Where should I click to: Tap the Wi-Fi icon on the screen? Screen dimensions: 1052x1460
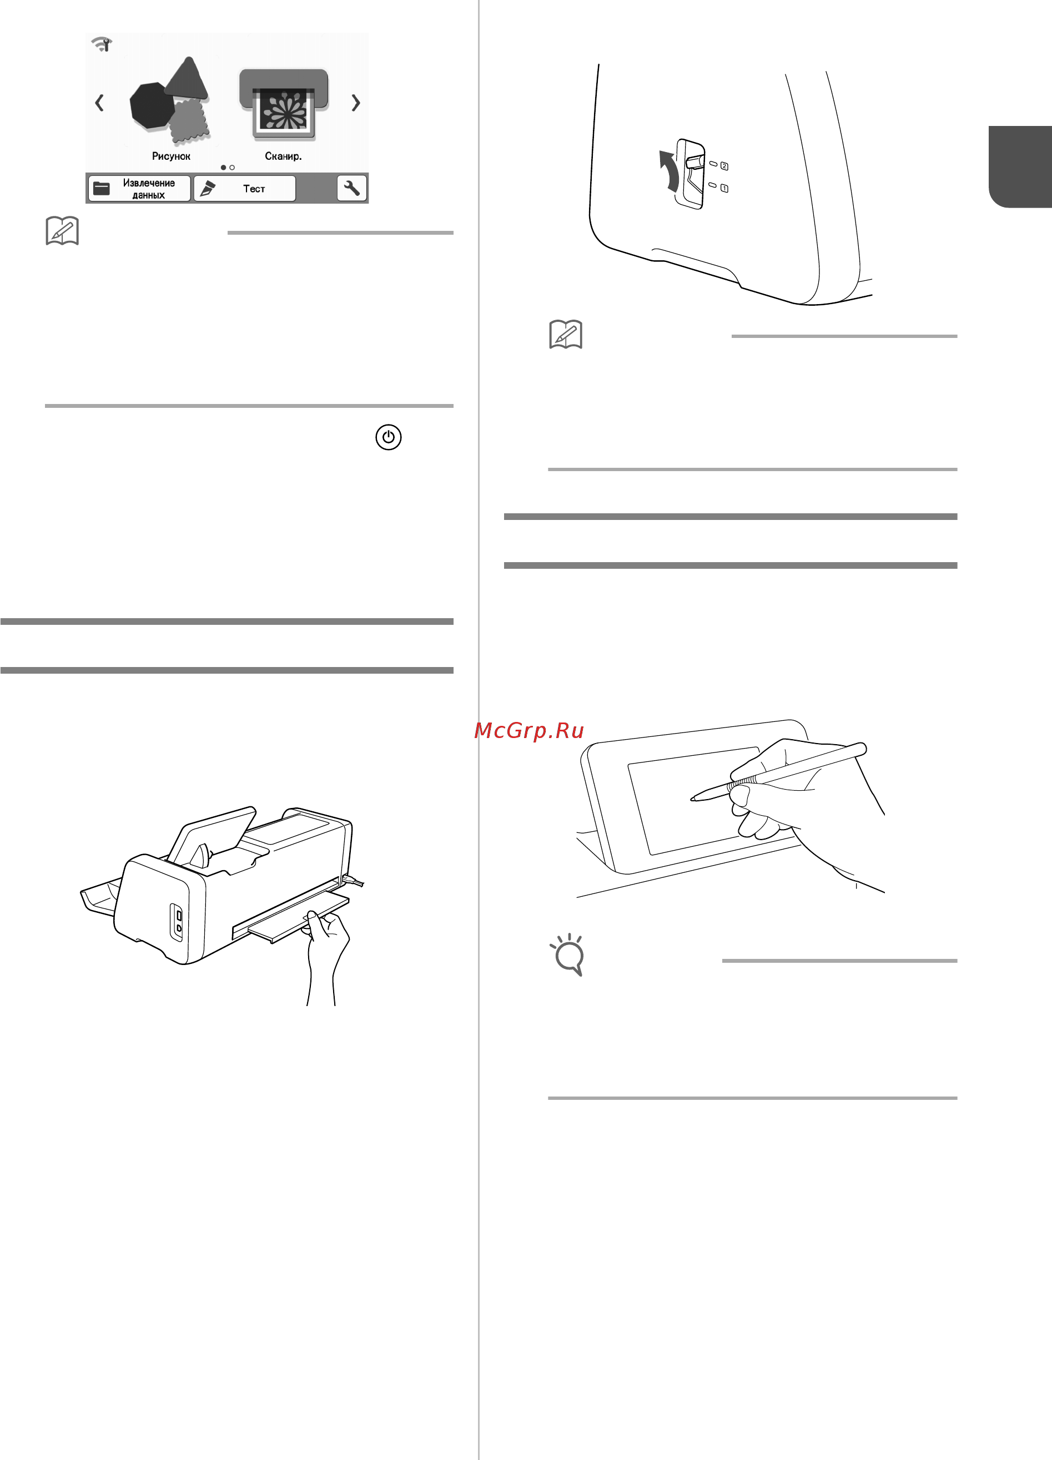point(102,44)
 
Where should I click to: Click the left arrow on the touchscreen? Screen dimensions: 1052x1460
point(99,102)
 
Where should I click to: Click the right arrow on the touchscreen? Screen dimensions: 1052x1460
point(355,102)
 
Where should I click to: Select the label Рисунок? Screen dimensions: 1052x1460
point(171,156)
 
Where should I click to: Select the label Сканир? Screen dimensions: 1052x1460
point(283,156)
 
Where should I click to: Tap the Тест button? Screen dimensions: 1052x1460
point(245,189)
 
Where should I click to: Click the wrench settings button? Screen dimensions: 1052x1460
point(351,188)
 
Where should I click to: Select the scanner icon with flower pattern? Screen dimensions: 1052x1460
point(284,104)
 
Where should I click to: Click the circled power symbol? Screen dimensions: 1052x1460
point(388,437)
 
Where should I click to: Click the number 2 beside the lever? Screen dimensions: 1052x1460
point(724,166)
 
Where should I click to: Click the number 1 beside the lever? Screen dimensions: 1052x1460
point(724,189)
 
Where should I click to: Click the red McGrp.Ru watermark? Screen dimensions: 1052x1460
point(529,731)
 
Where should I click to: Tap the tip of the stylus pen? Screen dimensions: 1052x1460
point(692,799)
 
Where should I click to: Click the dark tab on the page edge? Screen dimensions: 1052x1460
point(1020,166)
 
